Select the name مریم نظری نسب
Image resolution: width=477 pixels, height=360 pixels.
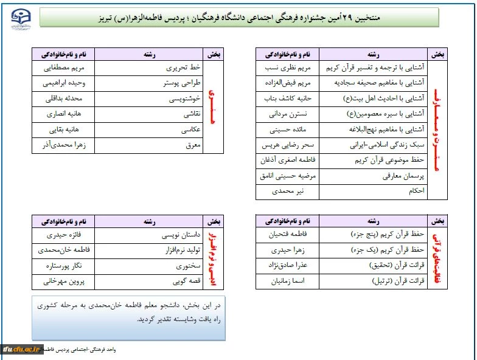point(285,67)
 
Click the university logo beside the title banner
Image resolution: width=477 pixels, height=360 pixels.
point(21,18)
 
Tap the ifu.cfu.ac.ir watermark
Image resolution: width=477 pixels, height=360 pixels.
point(22,349)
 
